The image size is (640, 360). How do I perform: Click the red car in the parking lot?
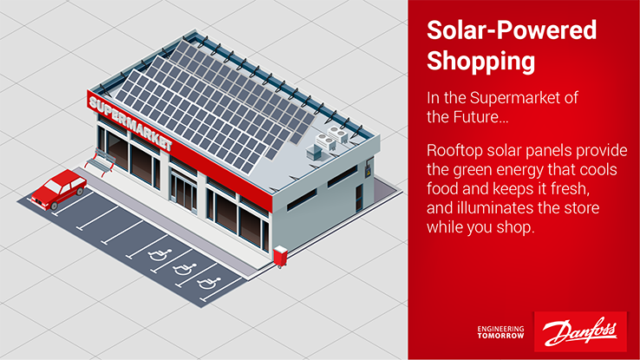(x=59, y=190)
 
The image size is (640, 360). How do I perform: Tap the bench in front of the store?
(x=100, y=161)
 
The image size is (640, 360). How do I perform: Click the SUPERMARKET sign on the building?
(x=131, y=123)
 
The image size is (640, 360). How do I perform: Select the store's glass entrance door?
(x=184, y=193)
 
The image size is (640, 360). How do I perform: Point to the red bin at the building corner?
(x=280, y=256)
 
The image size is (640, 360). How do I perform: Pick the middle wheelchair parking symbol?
(x=185, y=269)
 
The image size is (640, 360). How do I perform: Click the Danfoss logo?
(x=580, y=331)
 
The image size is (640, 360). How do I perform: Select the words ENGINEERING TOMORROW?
(x=501, y=332)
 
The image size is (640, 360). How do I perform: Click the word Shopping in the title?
(x=480, y=62)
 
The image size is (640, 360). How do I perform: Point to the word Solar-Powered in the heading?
(x=512, y=30)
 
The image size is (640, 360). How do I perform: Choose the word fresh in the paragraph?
(x=570, y=189)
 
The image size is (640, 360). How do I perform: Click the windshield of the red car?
(x=52, y=187)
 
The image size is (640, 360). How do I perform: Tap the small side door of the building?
(x=359, y=198)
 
